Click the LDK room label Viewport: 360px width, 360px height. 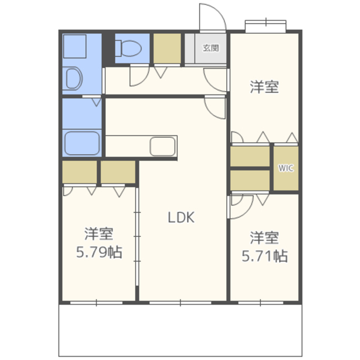click(x=181, y=217)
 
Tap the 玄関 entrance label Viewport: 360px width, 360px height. click(x=210, y=48)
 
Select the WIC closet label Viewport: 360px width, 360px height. click(x=286, y=168)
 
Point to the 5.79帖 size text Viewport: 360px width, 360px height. click(x=99, y=252)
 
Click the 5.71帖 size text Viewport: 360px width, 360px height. click(x=265, y=256)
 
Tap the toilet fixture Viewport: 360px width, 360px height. click(x=128, y=48)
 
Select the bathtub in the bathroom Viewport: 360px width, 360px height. click(x=82, y=143)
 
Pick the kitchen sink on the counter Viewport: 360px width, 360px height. click(x=163, y=146)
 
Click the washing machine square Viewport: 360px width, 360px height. click(x=75, y=46)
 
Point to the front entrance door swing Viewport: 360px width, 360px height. click(x=213, y=17)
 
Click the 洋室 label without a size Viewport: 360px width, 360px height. click(x=264, y=87)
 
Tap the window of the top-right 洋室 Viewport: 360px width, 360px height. click(x=265, y=25)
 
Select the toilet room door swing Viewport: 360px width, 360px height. click(x=139, y=76)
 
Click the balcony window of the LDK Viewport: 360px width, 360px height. click(x=181, y=303)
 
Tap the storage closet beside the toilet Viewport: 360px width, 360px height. click(x=167, y=48)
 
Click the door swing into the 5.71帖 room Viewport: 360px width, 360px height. click(x=242, y=207)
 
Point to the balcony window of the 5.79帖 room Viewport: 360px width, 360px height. click(x=96, y=303)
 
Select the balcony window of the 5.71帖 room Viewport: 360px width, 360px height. click(x=260, y=303)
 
